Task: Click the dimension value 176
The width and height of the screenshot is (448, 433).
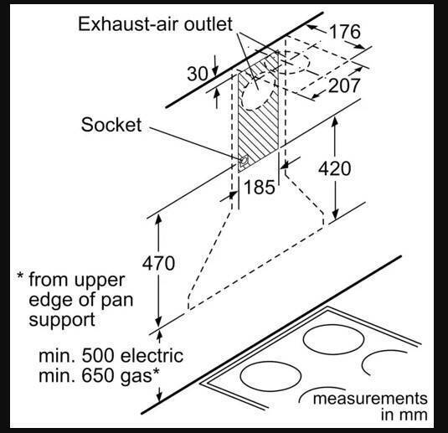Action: [345, 32]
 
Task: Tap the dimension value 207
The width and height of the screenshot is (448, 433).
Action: [343, 85]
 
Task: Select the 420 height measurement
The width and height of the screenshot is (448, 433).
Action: [335, 168]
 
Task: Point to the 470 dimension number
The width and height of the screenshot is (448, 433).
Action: [158, 263]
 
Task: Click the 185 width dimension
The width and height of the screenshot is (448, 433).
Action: [260, 188]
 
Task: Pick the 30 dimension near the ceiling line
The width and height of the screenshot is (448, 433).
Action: [197, 74]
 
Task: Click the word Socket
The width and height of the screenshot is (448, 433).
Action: [111, 125]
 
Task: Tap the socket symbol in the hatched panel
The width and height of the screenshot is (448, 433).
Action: [244, 162]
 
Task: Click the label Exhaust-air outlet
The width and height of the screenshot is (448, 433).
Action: [155, 24]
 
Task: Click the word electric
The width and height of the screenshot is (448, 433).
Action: [152, 356]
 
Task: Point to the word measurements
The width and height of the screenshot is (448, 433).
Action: [370, 399]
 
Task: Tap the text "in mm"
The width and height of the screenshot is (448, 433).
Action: [404, 415]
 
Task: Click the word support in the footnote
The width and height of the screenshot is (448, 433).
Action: [62, 320]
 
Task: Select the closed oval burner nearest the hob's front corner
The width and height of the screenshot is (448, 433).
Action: [270, 376]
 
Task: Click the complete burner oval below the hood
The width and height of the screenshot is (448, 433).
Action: [333, 339]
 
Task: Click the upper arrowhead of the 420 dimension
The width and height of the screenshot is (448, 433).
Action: [335, 121]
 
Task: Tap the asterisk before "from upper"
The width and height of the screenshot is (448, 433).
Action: [20, 276]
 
